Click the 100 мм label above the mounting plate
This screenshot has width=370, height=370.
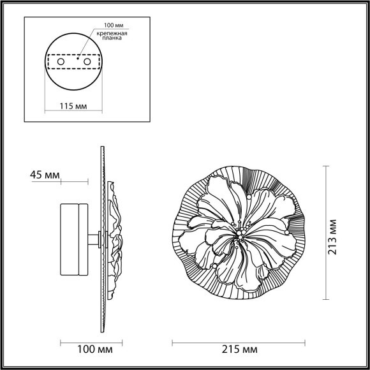tap(107, 27)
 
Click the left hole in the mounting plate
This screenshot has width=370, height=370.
tap(61, 61)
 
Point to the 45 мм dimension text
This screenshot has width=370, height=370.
tap(44, 175)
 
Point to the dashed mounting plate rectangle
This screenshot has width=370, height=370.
tap(75, 62)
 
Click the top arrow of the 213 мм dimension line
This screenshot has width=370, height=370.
tap(326, 167)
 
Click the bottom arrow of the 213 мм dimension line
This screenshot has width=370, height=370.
tap(326, 298)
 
